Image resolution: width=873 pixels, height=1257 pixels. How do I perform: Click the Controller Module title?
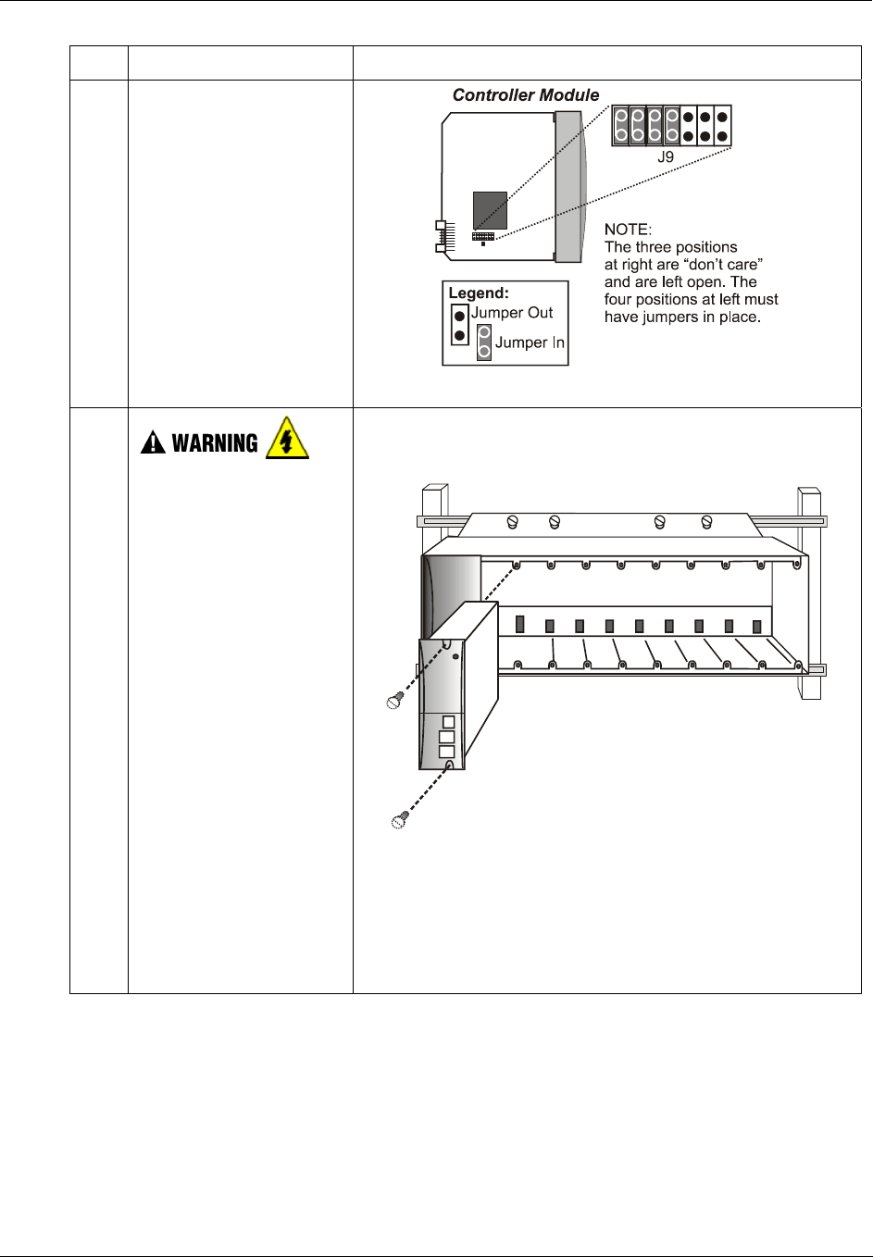525,94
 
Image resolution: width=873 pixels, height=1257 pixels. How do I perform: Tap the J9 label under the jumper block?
666,157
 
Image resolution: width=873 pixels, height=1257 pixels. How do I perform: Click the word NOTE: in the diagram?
628,229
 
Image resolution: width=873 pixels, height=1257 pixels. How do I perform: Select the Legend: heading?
479,293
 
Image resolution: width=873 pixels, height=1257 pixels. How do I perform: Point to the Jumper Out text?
512,313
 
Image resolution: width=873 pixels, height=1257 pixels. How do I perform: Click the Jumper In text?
530,342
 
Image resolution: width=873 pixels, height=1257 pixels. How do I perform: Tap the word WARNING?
215,443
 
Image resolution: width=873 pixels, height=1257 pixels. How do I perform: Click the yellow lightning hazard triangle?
286,439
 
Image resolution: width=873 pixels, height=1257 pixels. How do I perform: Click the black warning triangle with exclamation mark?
152,444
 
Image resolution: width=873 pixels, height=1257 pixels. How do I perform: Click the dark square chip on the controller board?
490,210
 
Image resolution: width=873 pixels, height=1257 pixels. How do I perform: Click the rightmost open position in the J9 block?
722,127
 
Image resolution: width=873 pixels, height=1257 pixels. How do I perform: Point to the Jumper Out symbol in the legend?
459,324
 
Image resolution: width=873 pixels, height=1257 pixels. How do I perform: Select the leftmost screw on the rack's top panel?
513,522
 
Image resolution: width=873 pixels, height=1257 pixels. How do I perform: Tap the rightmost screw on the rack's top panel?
706,522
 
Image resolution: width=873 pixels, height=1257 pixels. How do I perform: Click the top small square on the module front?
448,721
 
